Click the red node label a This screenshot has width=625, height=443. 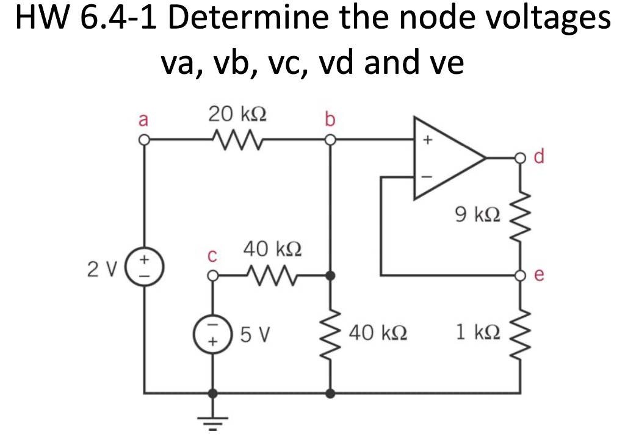[143, 119]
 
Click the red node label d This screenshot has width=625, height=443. [540, 157]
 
